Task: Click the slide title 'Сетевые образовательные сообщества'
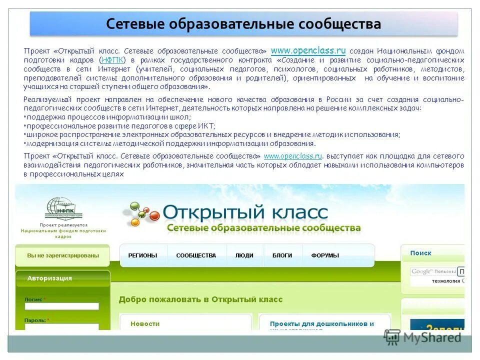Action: click(x=243, y=24)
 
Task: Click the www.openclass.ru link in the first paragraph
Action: click(x=308, y=50)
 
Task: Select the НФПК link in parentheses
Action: click(x=112, y=60)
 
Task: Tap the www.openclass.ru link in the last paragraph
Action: click(x=292, y=156)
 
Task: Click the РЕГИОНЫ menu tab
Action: click(x=142, y=255)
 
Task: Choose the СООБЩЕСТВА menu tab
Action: click(x=196, y=255)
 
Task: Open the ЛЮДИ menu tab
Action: click(x=244, y=255)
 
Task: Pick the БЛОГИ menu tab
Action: click(x=282, y=255)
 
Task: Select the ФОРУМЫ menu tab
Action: click(x=325, y=255)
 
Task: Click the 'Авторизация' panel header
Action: click(x=49, y=278)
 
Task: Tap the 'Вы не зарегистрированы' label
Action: click(x=63, y=255)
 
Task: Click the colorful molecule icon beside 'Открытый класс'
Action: click(x=141, y=214)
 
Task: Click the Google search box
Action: click(x=433, y=271)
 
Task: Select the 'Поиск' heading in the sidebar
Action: click(x=420, y=253)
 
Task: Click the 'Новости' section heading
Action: click(x=145, y=323)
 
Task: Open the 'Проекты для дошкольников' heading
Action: click(x=321, y=324)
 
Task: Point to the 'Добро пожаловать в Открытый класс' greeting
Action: click(x=200, y=299)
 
